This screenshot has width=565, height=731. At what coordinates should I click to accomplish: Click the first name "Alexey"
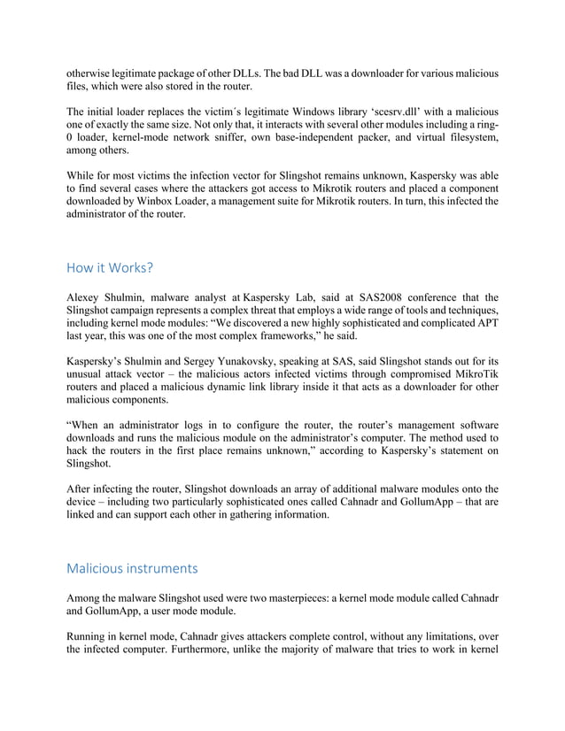[88, 297]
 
